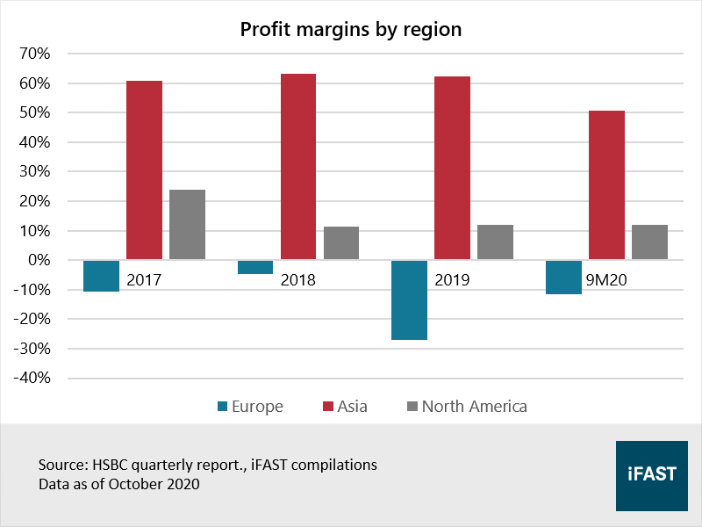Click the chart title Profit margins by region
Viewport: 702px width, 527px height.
click(351, 30)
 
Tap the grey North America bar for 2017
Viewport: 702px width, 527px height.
click(187, 224)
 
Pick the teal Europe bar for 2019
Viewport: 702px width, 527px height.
click(410, 300)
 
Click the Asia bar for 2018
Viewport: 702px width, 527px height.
click(298, 166)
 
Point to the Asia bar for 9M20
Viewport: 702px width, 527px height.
click(606, 184)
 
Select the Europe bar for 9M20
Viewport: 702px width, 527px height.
click(563, 277)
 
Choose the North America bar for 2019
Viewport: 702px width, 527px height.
click(495, 242)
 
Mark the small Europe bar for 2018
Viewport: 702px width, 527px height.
click(255, 267)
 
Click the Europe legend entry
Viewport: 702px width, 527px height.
click(250, 406)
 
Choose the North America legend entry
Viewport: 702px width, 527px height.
click(466, 406)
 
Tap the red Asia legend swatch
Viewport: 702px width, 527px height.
click(329, 406)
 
